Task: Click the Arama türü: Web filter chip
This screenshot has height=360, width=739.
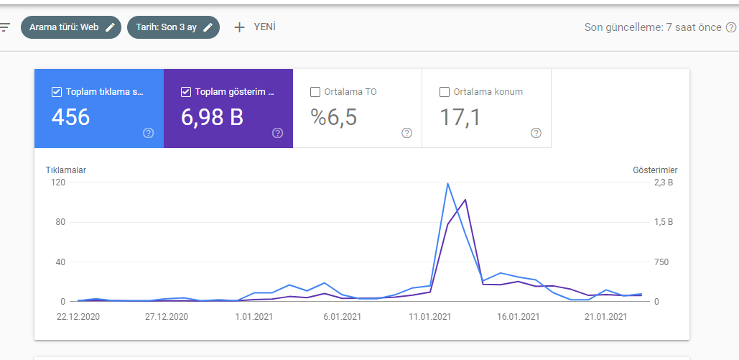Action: pos(70,27)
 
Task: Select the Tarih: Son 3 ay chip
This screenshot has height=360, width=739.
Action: pos(174,27)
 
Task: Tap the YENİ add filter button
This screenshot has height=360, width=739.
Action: pos(255,27)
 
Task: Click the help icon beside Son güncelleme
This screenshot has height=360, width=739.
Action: pos(731,27)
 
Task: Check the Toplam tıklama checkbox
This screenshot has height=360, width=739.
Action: pos(57,92)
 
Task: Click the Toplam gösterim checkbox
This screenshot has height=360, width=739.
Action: pos(186,92)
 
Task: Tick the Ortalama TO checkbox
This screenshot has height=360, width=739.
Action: pos(315,92)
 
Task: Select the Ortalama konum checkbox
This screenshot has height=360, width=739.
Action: pos(445,92)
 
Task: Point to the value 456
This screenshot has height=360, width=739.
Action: pos(70,117)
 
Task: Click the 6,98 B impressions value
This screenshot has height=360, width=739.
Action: pos(212,117)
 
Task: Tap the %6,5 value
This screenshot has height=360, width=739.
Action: pos(334,117)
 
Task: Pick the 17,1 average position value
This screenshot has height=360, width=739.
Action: pos(460,117)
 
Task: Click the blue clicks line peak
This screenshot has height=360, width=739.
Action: pos(447,183)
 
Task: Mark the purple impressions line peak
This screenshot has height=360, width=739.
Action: pos(465,200)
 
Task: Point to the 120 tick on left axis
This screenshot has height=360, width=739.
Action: pos(58,183)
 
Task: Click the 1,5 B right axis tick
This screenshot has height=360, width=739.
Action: pos(664,222)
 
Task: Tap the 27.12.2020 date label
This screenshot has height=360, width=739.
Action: pos(167,317)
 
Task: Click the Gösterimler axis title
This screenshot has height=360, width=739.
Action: pos(655,170)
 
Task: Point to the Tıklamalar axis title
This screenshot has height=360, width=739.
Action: pos(66,170)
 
